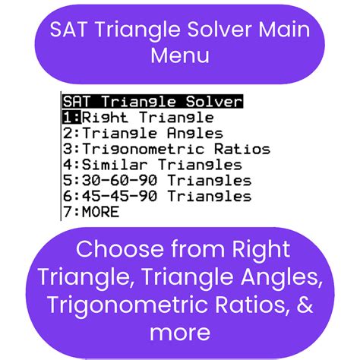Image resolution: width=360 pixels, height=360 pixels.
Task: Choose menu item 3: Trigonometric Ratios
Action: pos(166,149)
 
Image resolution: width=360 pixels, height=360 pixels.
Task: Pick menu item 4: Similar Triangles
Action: pos(153,165)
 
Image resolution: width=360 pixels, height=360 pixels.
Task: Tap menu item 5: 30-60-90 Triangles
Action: pos(157,181)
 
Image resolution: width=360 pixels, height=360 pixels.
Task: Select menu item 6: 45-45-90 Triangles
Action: pos(157,196)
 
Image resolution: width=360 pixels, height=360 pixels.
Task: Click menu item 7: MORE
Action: pos(91,212)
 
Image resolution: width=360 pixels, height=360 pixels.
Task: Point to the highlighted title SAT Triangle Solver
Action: pos(153,101)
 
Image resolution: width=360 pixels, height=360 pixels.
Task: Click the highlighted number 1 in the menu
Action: pos(69,117)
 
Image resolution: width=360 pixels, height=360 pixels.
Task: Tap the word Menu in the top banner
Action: pos(179,55)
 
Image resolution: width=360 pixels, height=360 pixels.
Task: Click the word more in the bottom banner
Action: pos(179,332)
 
